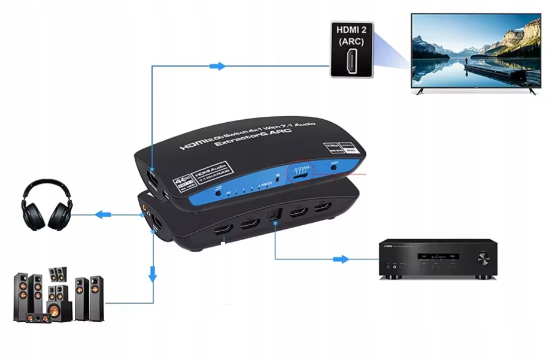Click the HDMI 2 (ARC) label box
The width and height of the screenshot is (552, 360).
tap(351, 49)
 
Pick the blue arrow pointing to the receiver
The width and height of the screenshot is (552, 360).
tap(340, 259)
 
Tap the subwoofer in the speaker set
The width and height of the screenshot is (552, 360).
tap(54, 311)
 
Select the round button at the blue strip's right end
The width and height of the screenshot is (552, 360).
tap(333, 170)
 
